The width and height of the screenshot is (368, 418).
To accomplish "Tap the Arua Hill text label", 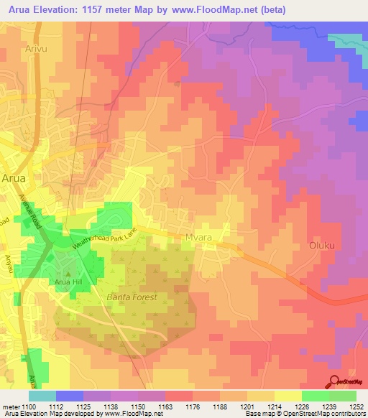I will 70,282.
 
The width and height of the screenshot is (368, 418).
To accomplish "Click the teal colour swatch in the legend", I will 42,396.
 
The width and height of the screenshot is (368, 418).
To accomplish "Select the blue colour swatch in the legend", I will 70,396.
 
